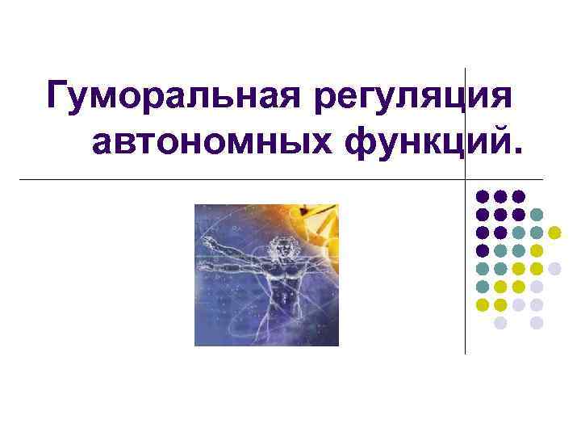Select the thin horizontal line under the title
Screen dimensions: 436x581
tap(242, 178)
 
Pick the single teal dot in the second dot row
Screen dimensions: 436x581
tap(537, 215)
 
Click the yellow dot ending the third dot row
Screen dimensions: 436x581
tap(554, 233)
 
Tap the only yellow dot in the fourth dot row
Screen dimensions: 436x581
tap(537, 251)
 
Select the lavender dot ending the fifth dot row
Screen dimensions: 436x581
tap(554, 269)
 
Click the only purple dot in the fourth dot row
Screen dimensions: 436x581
tap(482, 251)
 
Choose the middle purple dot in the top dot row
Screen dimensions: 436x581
tap(500, 196)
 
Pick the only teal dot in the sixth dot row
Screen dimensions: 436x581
tap(482, 287)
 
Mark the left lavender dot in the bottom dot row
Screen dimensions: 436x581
tap(500, 323)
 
